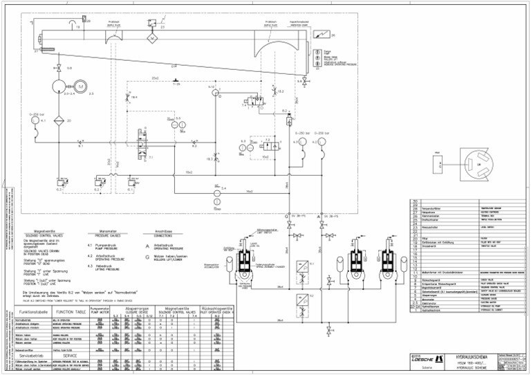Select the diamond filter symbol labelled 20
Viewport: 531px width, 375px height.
tap(59, 120)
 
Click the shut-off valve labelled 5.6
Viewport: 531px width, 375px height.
tap(59, 69)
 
